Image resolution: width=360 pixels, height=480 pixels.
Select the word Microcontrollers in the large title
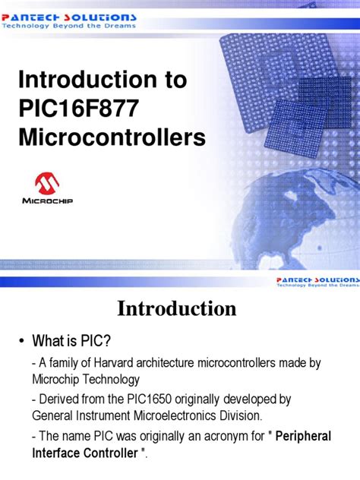coord(112,138)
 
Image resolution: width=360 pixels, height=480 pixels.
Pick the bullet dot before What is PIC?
coord(21,339)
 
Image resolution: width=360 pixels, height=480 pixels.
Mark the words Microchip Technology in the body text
coord(85,377)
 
